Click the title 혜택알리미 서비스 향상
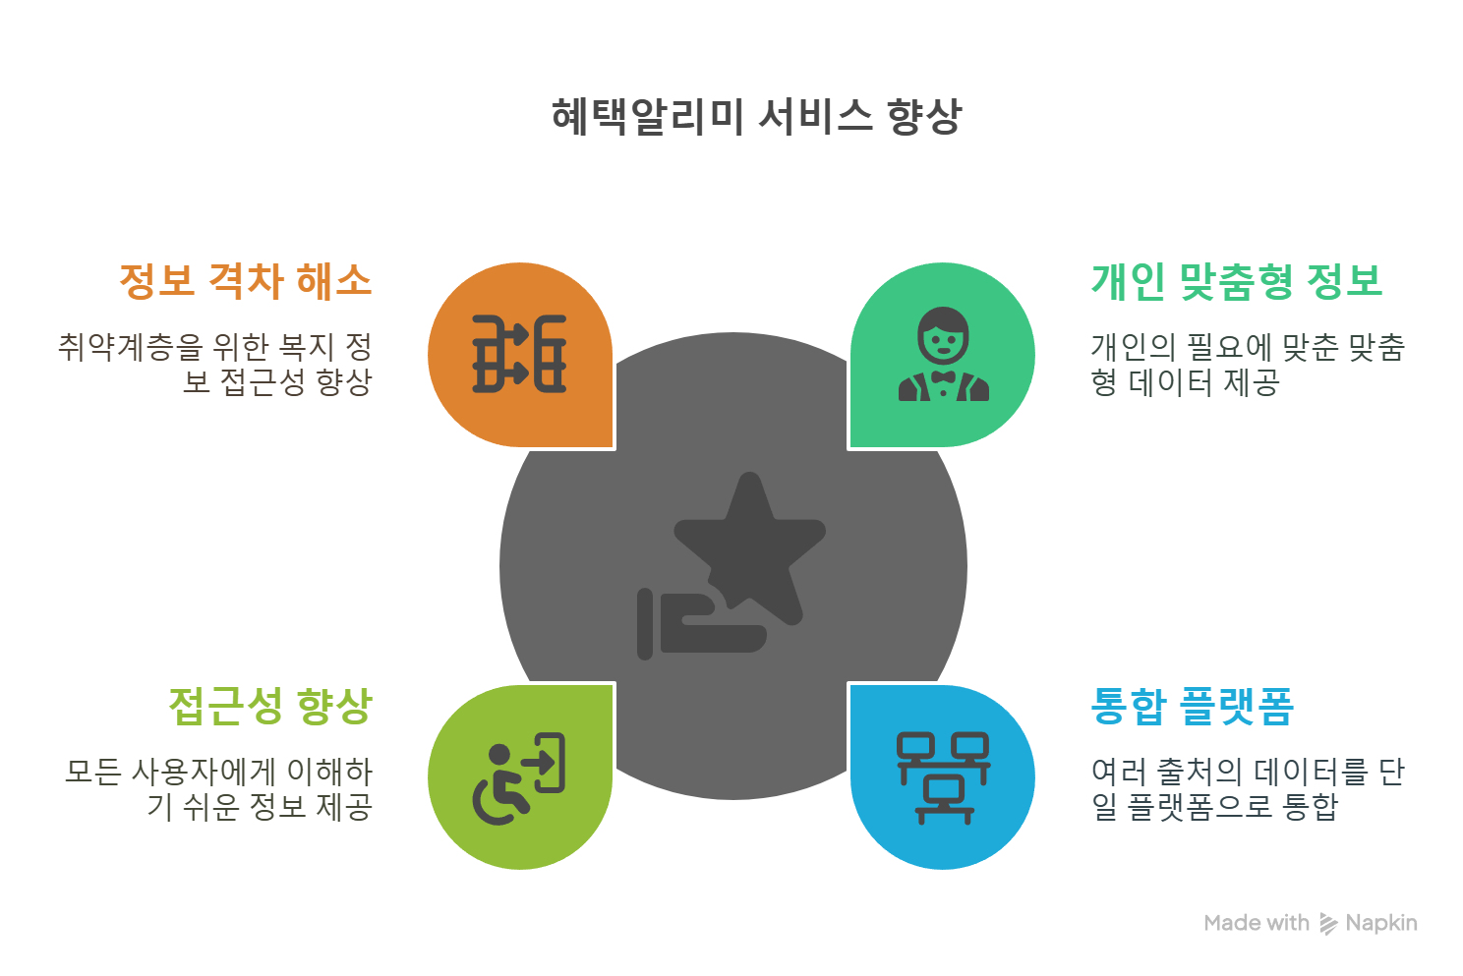(x=756, y=117)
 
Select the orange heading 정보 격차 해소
(x=246, y=281)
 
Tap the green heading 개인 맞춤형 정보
(x=1237, y=281)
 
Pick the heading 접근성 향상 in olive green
(x=270, y=706)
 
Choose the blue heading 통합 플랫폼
(x=1193, y=706)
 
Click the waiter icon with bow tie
(x=943, y=355)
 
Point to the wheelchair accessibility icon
(x=518, y=777)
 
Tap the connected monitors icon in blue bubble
(x=943, y=777)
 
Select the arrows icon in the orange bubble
(x=519, y=355)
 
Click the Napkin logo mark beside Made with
(x=1328, y=923)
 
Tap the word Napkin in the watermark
(x=1381, y=923)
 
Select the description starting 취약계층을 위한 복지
(x=215, y=364)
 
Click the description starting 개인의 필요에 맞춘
(x=1247, y=364)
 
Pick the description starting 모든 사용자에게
(x=218, y=788)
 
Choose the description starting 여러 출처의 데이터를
(x=1247, y=788)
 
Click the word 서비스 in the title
(x=815, y=117)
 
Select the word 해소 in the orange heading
(x=334, y=281)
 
